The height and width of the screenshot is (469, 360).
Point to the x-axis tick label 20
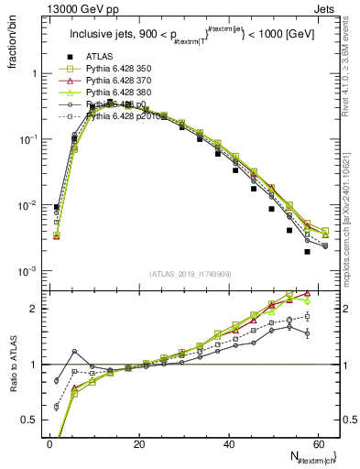[x=139, y=444]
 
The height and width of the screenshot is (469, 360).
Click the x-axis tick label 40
[x=229, y=444]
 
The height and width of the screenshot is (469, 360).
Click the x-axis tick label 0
[x=49, y=444]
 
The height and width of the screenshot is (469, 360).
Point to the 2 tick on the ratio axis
[x=35, y=309]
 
